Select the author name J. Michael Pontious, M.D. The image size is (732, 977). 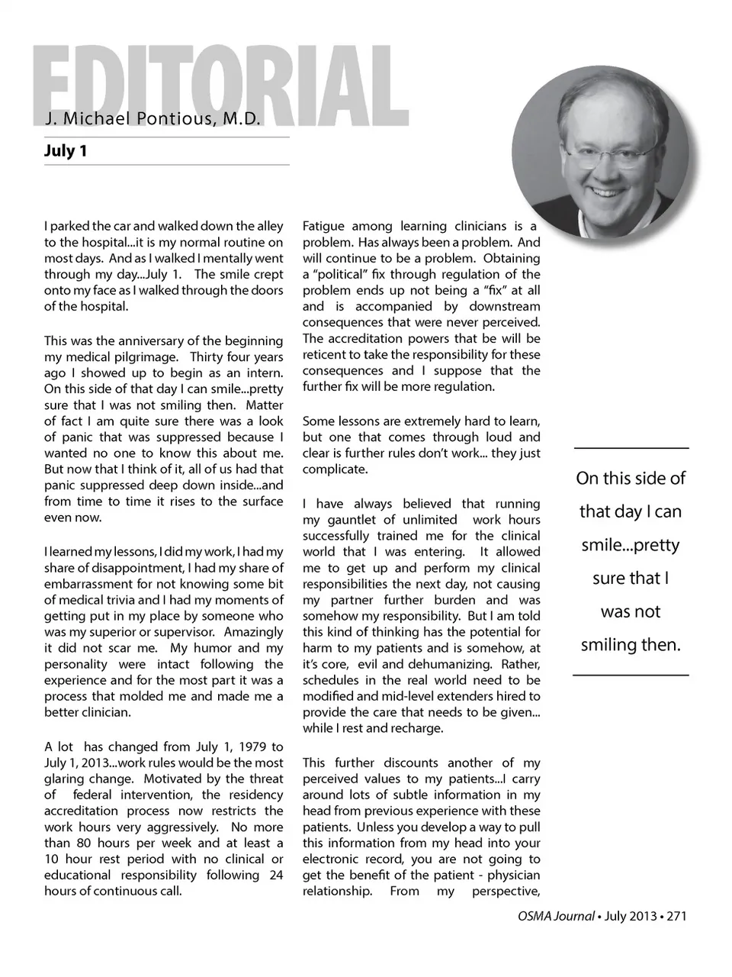[x=152, y=119]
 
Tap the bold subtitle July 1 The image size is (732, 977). [x=66, y=150]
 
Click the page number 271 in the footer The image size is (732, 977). [x=676, y=916]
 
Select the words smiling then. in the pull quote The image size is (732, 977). [x=631, y=645]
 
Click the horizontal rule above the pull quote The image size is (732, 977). [x=631, y=448]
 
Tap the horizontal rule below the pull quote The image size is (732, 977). [x=631, y=675]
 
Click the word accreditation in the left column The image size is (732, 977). [x=81, y=811]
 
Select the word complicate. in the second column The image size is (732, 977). [x=335, y=469]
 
